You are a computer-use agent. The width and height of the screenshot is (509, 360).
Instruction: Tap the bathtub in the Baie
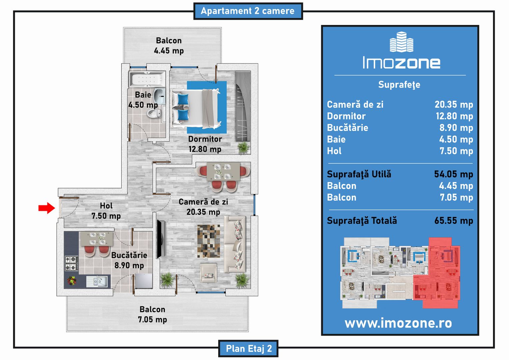click(x=147, y=79)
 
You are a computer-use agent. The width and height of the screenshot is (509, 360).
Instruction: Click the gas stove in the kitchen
click(x=72, y=263)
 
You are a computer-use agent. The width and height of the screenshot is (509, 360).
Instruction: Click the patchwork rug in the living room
click(x=209, y=241)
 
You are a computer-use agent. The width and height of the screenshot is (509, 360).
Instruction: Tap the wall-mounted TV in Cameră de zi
click(x=161, y=239)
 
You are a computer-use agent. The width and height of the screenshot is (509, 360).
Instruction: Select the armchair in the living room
click(x=209, y=273)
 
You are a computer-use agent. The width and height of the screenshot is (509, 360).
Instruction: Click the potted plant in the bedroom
click(x=244, y=148)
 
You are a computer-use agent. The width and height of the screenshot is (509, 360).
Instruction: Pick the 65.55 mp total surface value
click(x=454, y=221)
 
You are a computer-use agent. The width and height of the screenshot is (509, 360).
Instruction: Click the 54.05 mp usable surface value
click(x=454, y=174)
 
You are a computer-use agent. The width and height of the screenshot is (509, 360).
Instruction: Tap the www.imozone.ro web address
click(x=398, y=323)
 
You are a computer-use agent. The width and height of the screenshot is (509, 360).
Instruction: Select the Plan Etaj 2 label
click(x=249, y=348)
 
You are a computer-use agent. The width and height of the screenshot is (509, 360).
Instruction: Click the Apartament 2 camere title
click(x=248, y=11)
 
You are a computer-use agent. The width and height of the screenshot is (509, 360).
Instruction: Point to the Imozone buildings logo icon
click(x=401, y=42)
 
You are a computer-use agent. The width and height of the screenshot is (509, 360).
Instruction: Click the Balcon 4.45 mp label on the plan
click(x=169, y=45)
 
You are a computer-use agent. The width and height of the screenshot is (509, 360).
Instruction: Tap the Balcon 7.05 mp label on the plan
click(x=153, y=314)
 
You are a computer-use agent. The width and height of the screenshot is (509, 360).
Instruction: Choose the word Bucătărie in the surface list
click(x=347, y=128)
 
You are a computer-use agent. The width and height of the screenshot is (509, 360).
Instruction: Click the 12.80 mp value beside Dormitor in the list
click(x=454, y=116)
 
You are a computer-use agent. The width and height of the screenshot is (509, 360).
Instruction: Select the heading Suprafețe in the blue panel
click(x=399, y=85)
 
